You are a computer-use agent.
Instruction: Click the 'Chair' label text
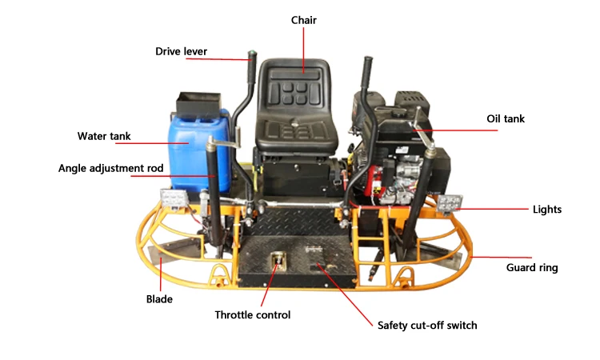(303, 20)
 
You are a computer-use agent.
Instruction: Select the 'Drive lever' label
(181, 52)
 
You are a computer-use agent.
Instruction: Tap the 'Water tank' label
(104, 136)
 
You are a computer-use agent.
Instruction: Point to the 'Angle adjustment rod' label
(110, 169)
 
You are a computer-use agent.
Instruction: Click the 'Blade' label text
(159, 299)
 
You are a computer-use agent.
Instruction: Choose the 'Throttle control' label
(252, 315)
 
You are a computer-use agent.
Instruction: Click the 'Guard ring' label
(532, 268)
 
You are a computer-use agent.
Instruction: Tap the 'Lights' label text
(547, 210)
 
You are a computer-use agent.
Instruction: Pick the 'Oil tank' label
(506, 119)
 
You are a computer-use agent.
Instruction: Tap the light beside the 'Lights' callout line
(447, 203)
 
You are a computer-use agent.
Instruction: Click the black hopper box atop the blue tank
(196, 102)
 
